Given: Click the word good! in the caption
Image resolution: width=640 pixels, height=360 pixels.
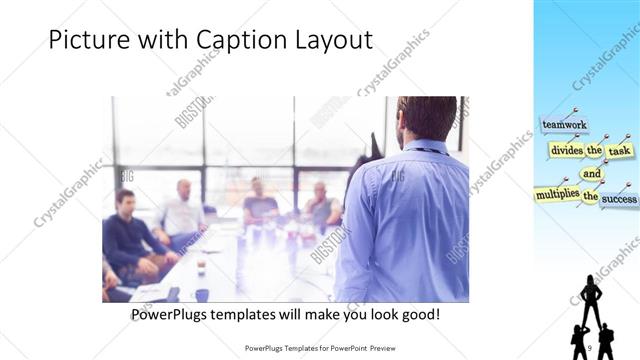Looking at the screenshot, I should tap(418, 314).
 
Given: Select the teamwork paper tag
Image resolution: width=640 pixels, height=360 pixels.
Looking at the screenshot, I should tap(563, 125).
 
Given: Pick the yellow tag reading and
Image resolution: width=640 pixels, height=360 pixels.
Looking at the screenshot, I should tap(592, 173).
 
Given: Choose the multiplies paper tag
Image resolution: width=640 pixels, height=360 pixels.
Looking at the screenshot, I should tap(556, 192).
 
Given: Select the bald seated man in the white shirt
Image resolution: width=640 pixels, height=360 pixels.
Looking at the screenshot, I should tap(182, 212).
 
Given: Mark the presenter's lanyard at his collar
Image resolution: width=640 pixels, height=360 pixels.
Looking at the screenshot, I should tap(424, 149).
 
